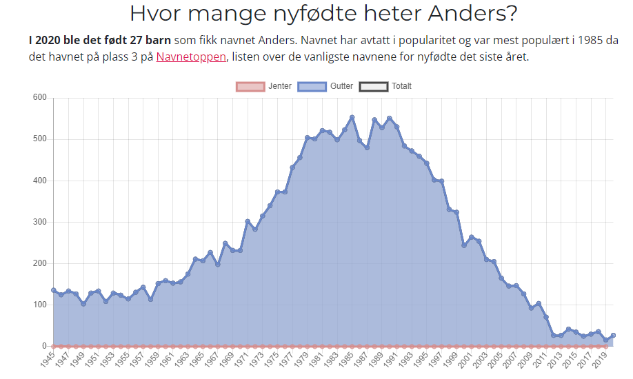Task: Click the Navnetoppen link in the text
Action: point(191,57)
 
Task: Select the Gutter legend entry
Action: point(328,87)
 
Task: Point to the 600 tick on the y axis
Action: point(39,98)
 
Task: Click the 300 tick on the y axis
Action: point(39,222)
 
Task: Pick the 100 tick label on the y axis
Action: point(39,305)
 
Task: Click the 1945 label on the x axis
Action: point(46,360)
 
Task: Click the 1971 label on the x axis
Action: point(241,360)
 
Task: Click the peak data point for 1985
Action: point(352,117)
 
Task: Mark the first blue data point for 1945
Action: point(53,290)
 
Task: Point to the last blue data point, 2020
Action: point(613,335)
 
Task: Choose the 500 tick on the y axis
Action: point(39,139)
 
